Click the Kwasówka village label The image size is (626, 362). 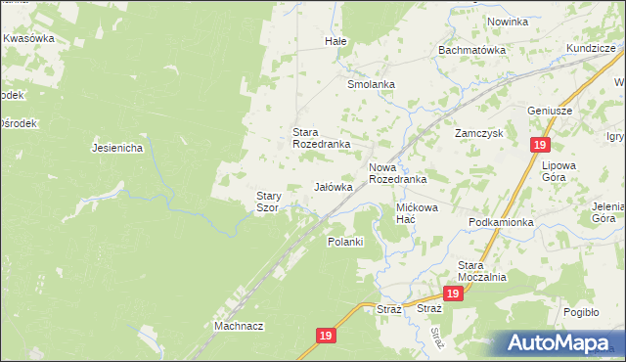click(28, 38)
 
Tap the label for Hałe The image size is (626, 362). click(335, 42)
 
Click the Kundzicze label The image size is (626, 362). click(590, 48)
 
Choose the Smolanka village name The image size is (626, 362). click(371, 84)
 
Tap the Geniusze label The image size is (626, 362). click(549, 111)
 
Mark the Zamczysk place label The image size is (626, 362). click(478, 132)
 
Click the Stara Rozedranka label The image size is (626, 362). click(322, 137)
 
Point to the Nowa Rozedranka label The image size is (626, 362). click(397, 173)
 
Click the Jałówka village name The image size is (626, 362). click(333, 186)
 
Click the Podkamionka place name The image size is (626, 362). click(501, 222)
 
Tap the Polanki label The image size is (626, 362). click(345, 241)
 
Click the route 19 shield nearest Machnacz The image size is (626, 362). click(327, 335)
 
